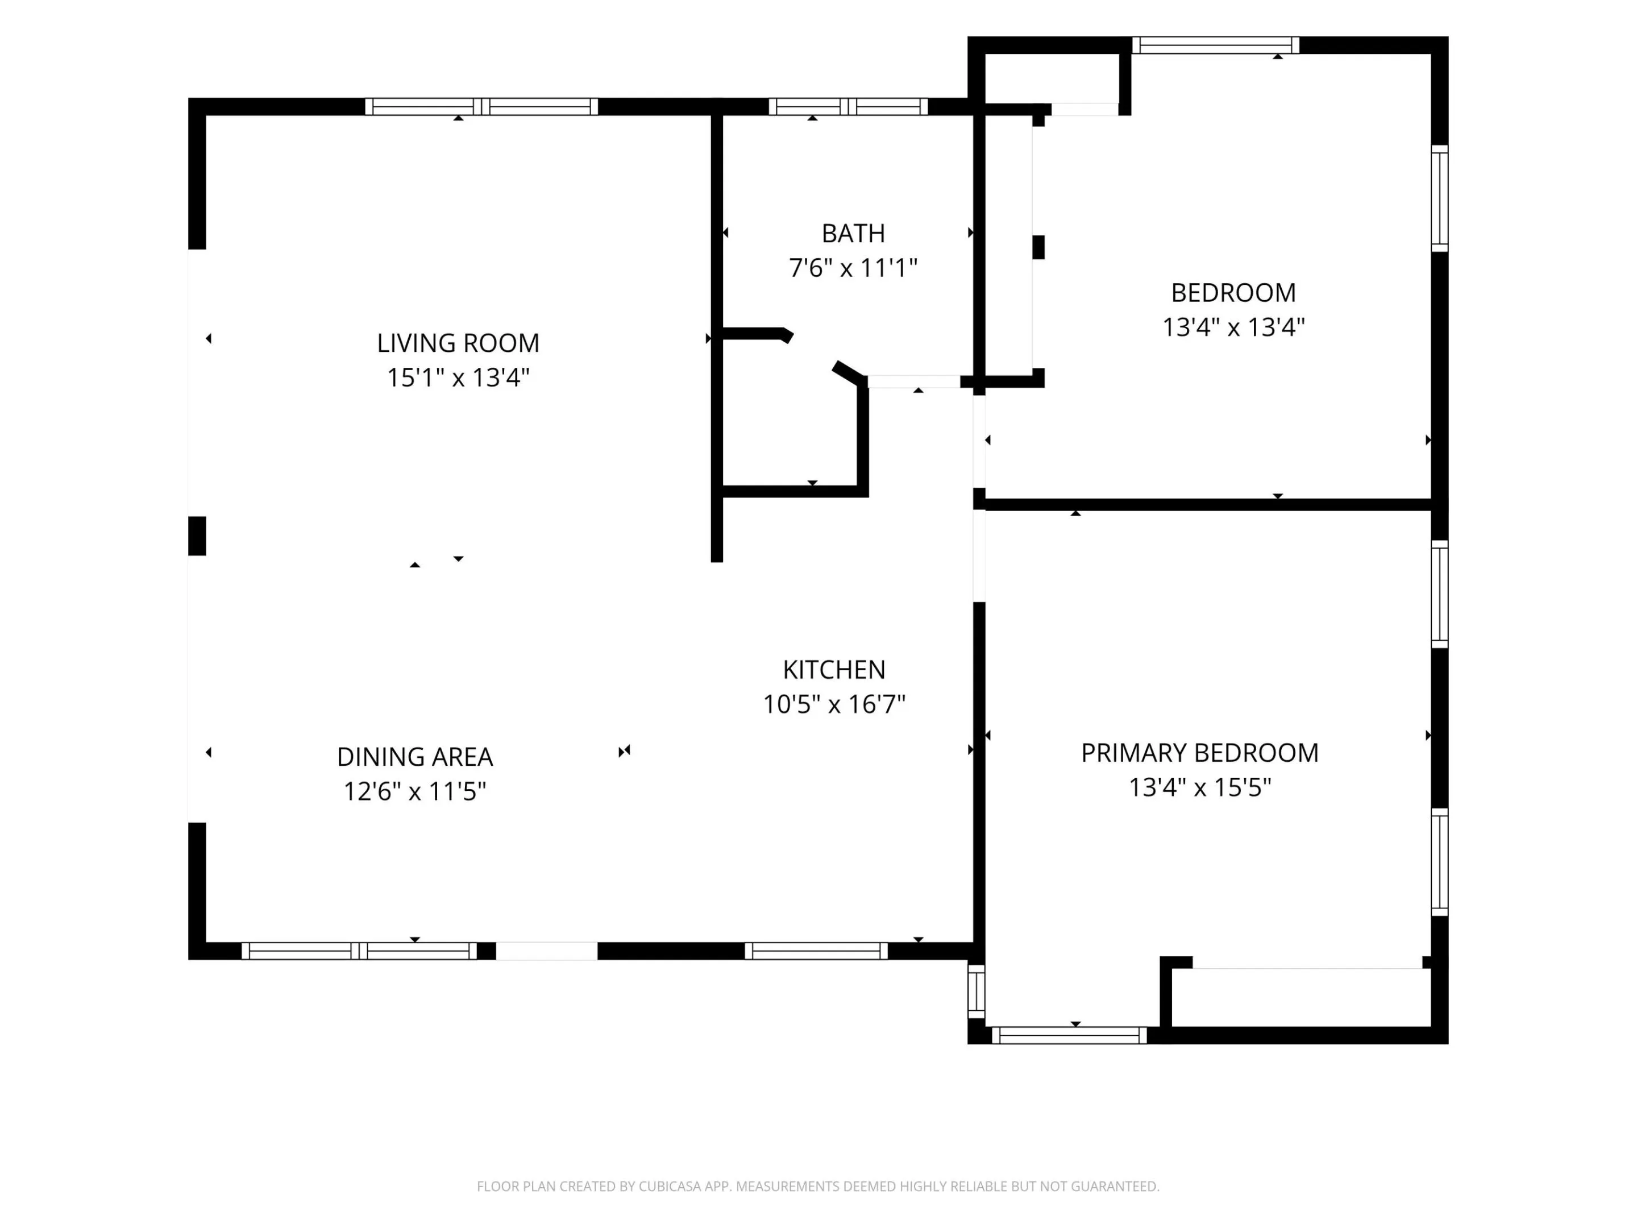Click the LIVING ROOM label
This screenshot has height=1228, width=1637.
coord(458,343)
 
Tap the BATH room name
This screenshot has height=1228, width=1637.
coord(853,234)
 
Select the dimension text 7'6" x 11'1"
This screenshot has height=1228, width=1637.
coord(853,268)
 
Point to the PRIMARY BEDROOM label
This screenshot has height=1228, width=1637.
coord(1200,753)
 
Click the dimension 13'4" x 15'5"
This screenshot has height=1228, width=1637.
coord(1200,787)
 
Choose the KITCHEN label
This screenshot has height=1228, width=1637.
coord(834,670)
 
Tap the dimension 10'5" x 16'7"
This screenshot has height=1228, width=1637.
coord(834,704)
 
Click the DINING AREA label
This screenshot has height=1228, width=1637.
coord(414,757)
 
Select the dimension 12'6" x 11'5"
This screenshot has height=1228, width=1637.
coord(414,791)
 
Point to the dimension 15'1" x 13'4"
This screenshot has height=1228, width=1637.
coord(458,377)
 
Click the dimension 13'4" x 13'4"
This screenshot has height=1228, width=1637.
coord(1233,327)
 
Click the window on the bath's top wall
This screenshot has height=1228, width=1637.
coord(848,106)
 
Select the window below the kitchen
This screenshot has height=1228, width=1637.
coord(816,951)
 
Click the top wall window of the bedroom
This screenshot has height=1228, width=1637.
coord(1216,45)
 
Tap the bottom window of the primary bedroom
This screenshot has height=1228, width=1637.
coord(1069,1035)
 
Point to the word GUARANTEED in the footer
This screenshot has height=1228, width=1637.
coord(1115,1186)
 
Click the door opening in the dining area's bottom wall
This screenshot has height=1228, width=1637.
coord(546,951)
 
